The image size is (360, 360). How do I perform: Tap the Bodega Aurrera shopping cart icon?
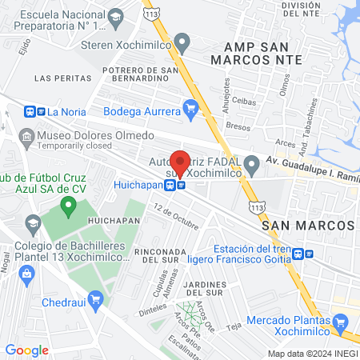[x=190, y=106]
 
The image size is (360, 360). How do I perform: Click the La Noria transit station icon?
[x=35, y=112]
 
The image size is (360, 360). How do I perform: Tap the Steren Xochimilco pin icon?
[x=182, y=42]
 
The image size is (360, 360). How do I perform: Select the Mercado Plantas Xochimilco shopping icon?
[x=342, y=324]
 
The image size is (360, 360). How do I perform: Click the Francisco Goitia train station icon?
[x=299, y=254]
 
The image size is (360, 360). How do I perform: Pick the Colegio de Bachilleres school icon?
[x=33, y=222]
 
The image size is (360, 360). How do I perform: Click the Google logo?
[x=26, y=350]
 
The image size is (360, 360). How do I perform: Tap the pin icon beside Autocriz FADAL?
[x=252, y=166]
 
